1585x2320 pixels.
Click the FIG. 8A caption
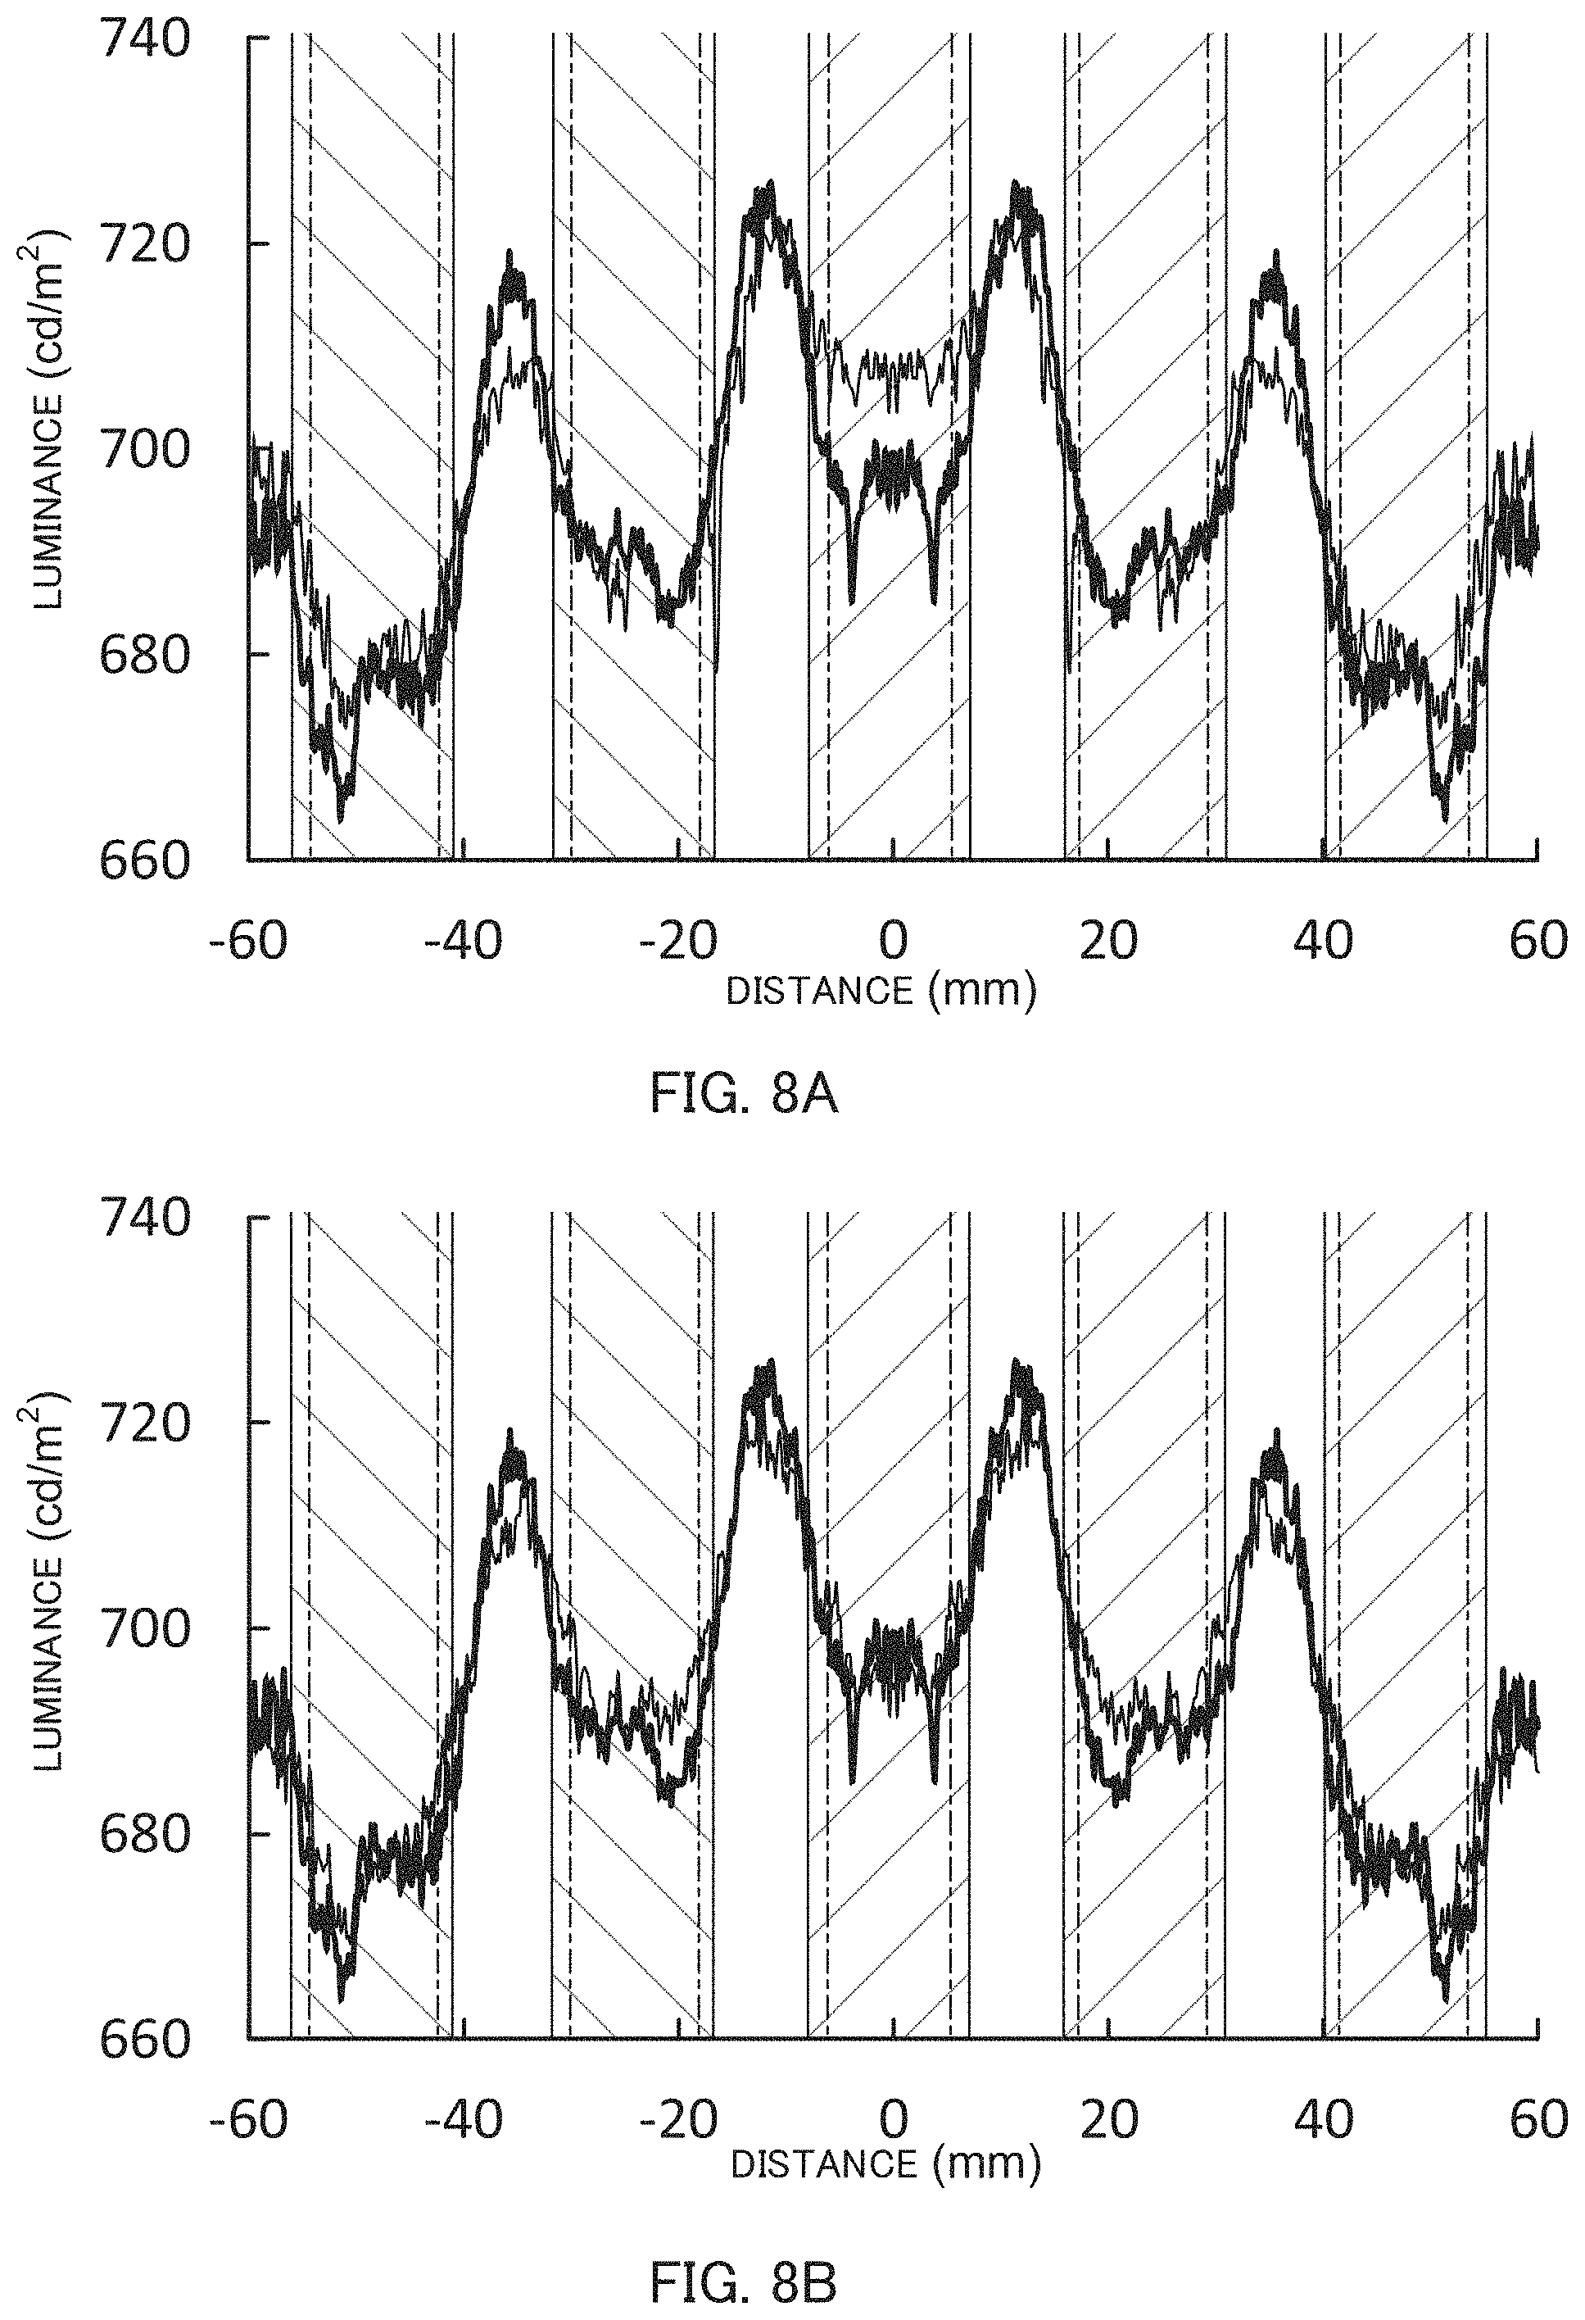[x=744, y=1095]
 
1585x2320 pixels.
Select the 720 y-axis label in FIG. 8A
[x=146, y=244]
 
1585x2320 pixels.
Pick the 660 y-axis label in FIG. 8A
[x=146, y=860]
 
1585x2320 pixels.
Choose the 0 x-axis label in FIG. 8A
[x=894, y=941]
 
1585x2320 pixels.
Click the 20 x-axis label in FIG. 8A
[x=1109, y=941]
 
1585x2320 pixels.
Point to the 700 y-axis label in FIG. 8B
[x=146, y=1628]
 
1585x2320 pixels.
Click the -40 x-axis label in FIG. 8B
[x=463, y=2119]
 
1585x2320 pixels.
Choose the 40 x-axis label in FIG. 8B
[x=1324, y=2119]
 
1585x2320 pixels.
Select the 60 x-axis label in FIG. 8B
[x=1538, y=2119]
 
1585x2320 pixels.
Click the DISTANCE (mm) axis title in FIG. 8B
[x=886, y=2163]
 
